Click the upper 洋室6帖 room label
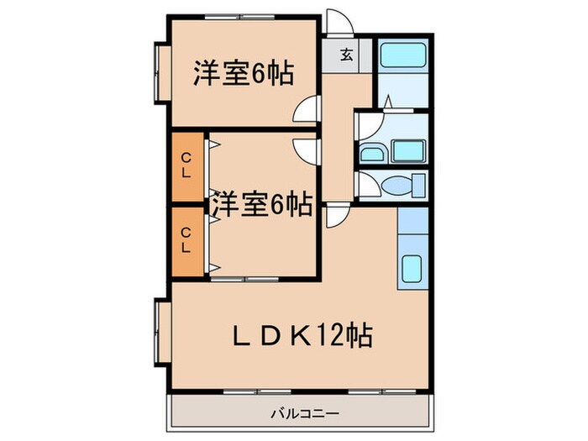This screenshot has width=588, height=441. [244, 74]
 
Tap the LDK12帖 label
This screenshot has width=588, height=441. [302, 336]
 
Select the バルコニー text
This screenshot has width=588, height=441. [304, 412]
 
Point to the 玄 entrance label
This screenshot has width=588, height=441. [346, 56]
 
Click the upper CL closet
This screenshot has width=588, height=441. [187, 165]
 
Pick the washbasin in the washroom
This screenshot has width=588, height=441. [372, 153]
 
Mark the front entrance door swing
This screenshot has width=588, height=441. [338, 22]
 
